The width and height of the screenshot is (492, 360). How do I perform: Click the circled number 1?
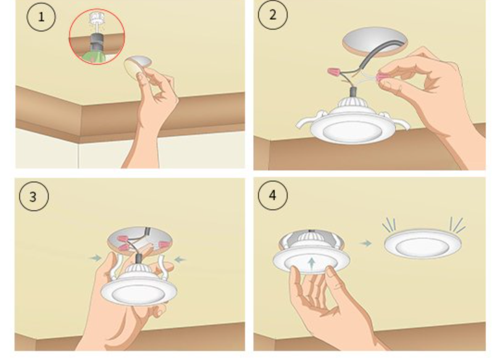click(41, 17)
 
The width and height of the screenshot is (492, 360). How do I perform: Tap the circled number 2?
click(273, 15)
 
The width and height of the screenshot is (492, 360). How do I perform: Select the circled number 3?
click(34, 196)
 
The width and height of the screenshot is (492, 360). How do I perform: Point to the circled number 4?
click(272, 195)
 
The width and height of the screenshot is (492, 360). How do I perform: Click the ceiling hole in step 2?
click(375, 42)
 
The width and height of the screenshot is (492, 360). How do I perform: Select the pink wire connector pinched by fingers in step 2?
click(382, 77)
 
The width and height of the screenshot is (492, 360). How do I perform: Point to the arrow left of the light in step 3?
click(96, 258)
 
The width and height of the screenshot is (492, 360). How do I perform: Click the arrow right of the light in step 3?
click(180, 259)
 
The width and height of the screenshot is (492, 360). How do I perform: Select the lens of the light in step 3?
click(138, 294)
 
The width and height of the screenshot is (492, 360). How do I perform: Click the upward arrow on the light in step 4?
click(311, 264)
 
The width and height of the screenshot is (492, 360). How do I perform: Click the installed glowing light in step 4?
click(423, 244)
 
